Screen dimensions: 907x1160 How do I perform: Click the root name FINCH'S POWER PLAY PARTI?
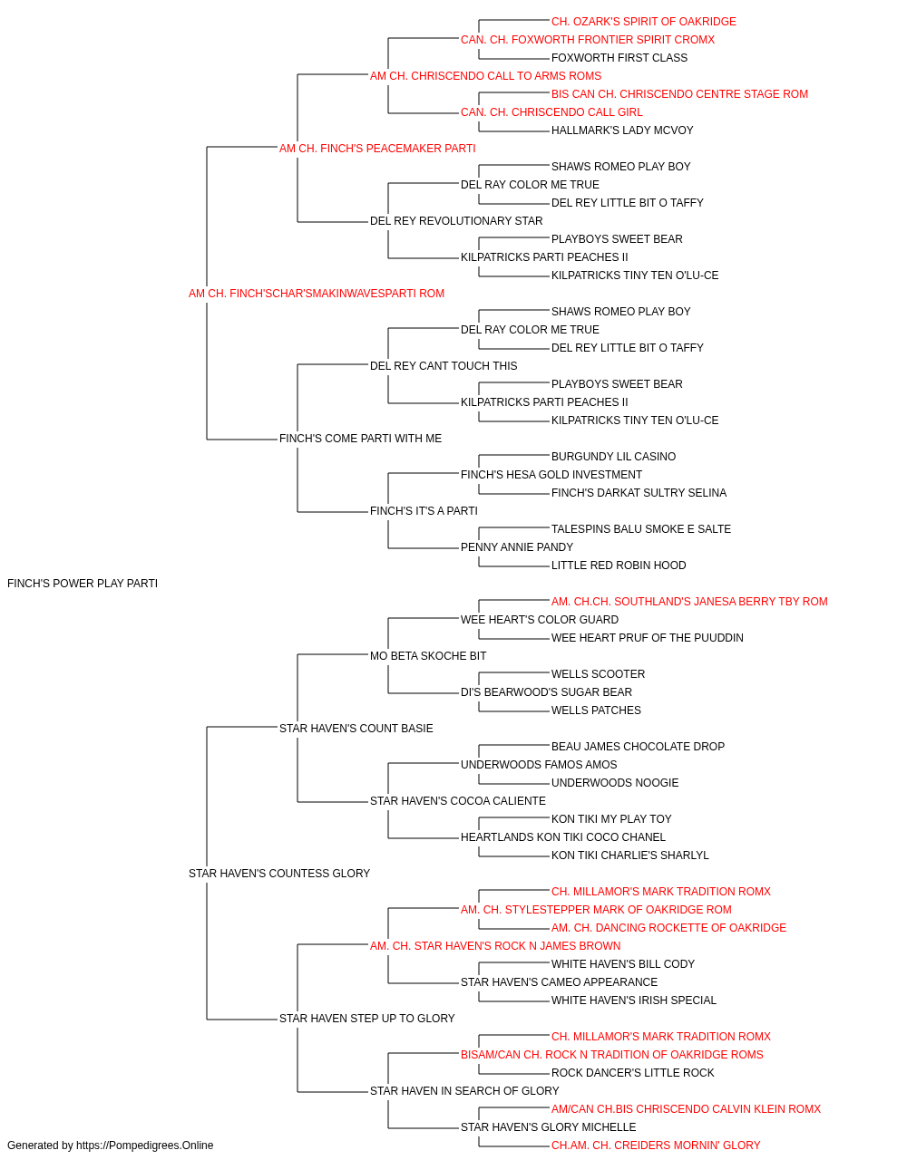(x=83, y=584)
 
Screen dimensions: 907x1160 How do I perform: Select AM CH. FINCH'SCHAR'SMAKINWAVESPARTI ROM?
(x=317, y=294)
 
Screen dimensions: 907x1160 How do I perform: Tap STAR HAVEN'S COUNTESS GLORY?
(x=278, y=874)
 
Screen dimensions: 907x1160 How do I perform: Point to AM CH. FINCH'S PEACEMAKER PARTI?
(x=377, y=149)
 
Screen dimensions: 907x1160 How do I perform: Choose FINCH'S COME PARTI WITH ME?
(x=361, y=439)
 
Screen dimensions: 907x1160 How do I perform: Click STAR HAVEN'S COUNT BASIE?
(x=356, y=729)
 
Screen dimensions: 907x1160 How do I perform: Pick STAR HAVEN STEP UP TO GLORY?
(x=367, y=1019)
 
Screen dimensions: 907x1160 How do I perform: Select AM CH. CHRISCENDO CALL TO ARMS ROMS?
(x=485, y=76)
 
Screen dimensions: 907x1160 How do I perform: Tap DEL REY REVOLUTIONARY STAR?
(x=456, y=221)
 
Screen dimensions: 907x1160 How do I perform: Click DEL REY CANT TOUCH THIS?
(x=444, y=366)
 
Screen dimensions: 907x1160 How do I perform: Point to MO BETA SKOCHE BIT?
(x=428, y=656)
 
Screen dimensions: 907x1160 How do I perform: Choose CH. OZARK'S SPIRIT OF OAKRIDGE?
(x=644, y=22)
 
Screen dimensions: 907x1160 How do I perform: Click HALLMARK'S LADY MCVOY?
(x=622, y=130)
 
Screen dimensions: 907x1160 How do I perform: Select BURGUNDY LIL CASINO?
(x=613, y=457)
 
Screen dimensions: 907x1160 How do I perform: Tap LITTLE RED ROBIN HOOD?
(x=619, y=565)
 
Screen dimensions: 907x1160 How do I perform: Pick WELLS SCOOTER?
(x=599, y=674)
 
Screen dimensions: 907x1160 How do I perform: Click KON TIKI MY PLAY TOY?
(x=611, y=819)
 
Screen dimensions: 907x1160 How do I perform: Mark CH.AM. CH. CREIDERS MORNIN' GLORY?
(x=656, y=1145)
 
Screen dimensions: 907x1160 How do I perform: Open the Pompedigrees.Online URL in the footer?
(x=145, y=1145)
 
